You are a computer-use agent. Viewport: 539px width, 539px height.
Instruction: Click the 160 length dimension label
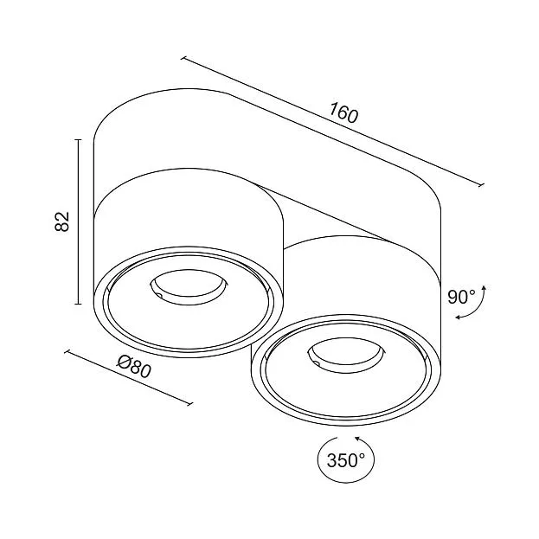pyautogui.click(x=343, y=112)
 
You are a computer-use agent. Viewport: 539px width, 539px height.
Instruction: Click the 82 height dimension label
pyautogui.click(x=62, y=221)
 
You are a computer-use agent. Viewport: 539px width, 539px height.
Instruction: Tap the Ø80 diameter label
pyautogui.click(x=134, y=367)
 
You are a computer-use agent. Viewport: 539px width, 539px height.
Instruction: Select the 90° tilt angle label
pyautogui.click(x=461, y=297)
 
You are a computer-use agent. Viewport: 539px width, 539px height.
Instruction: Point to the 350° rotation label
pyautogui.click(x=345, y=460)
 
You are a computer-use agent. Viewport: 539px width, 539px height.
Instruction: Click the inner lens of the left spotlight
pyautogui.click(x=189, y=287)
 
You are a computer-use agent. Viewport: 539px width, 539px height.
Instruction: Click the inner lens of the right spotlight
pyautogui.click(x=346, y=356)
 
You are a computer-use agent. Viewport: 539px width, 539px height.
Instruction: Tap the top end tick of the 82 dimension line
pyautogui.click(x=79, y=140)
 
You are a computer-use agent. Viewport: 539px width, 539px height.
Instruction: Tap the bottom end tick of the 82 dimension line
pyautogui.click(x=79, y=304)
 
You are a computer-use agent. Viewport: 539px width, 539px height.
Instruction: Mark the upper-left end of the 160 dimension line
pyautogui.click(x=183, y=59)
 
